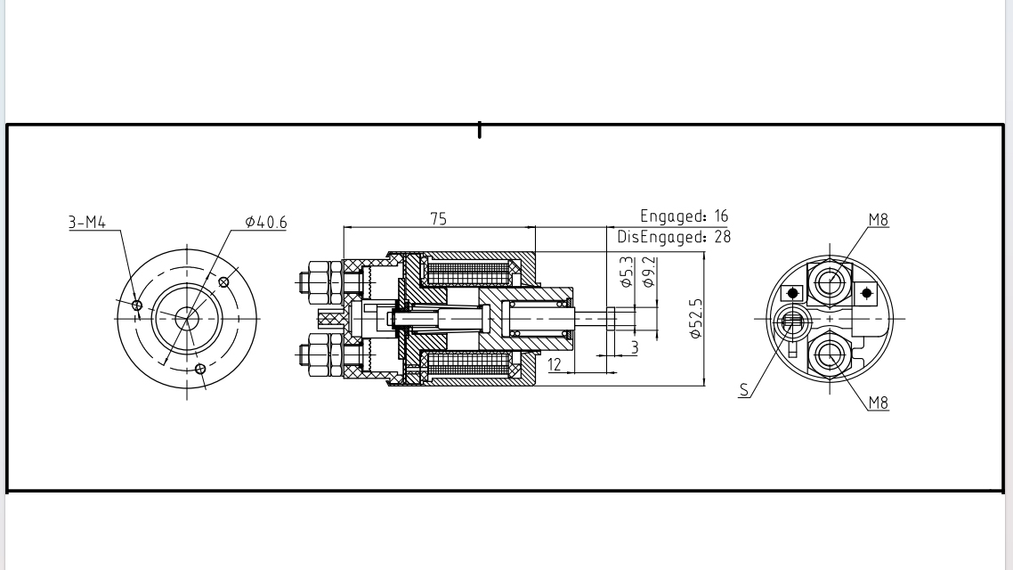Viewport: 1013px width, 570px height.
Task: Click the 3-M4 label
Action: click(87, 222)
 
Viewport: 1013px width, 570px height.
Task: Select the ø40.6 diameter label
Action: click(266, 222)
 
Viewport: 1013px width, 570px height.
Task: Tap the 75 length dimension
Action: click(438, 219)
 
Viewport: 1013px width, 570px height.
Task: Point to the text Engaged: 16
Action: click(684, 216)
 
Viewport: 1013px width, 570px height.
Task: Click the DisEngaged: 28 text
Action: click(674, 237)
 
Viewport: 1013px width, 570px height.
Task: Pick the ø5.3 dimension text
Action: click(627, 272)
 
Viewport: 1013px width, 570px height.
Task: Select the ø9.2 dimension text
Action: click(649, 271)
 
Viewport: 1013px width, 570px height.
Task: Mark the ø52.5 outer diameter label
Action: click(696, 319)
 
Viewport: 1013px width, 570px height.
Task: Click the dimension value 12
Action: click(555, 363)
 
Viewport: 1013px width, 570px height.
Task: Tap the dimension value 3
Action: click(635, 346)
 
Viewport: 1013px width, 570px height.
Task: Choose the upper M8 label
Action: click(878, 220)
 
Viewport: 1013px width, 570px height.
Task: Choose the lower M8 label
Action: click(878, 403)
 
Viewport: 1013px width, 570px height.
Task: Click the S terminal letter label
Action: click(744, 389)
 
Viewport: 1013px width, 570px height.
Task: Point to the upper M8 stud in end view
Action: click(831, 282)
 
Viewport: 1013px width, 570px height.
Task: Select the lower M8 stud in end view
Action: click(831, 354)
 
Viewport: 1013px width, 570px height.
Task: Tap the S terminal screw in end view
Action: click(792, 322)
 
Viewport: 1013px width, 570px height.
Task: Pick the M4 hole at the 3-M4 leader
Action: click(137, 305)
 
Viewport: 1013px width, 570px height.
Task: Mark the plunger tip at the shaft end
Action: click(610, 318)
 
